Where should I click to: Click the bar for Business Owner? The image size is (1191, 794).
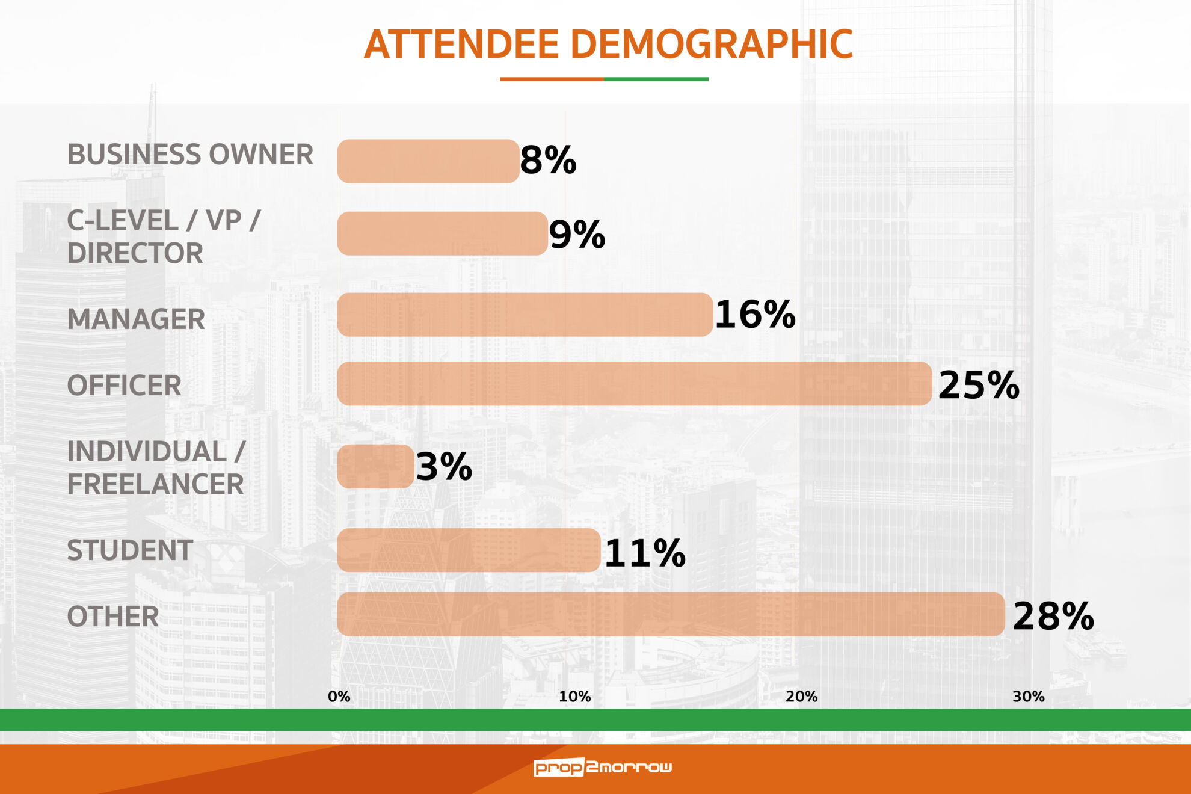tap(428, 161)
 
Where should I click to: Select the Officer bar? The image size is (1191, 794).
tap(634, 384)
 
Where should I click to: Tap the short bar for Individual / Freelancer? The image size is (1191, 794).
tap(375, 466)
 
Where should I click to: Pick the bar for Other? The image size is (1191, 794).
tap(671, 614)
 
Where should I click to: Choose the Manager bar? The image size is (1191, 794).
tap(525, 315)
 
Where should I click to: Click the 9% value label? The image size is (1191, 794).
tap(576, 235)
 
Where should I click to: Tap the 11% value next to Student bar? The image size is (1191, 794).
tap(644, 553)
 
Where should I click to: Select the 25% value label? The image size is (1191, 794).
tap(978, 385)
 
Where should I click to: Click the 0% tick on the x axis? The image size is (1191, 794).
tap(339, 697)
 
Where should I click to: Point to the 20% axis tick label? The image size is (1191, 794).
tap(801, 697)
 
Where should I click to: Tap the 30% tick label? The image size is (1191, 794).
tap(1028, 697)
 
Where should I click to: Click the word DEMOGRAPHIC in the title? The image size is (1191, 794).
tap(711, 45)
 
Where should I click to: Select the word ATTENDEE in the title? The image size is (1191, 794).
tap(461, 45)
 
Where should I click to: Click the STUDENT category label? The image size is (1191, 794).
tap(130, 550)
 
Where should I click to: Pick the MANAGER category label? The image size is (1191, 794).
tap(136, 319)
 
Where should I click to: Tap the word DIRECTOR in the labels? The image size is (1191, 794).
tap(135, 253)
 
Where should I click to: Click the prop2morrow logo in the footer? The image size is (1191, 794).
tap(603, 767)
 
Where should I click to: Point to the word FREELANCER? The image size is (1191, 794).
tap(155, 484)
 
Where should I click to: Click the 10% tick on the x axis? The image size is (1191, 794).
tap(574, 697)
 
